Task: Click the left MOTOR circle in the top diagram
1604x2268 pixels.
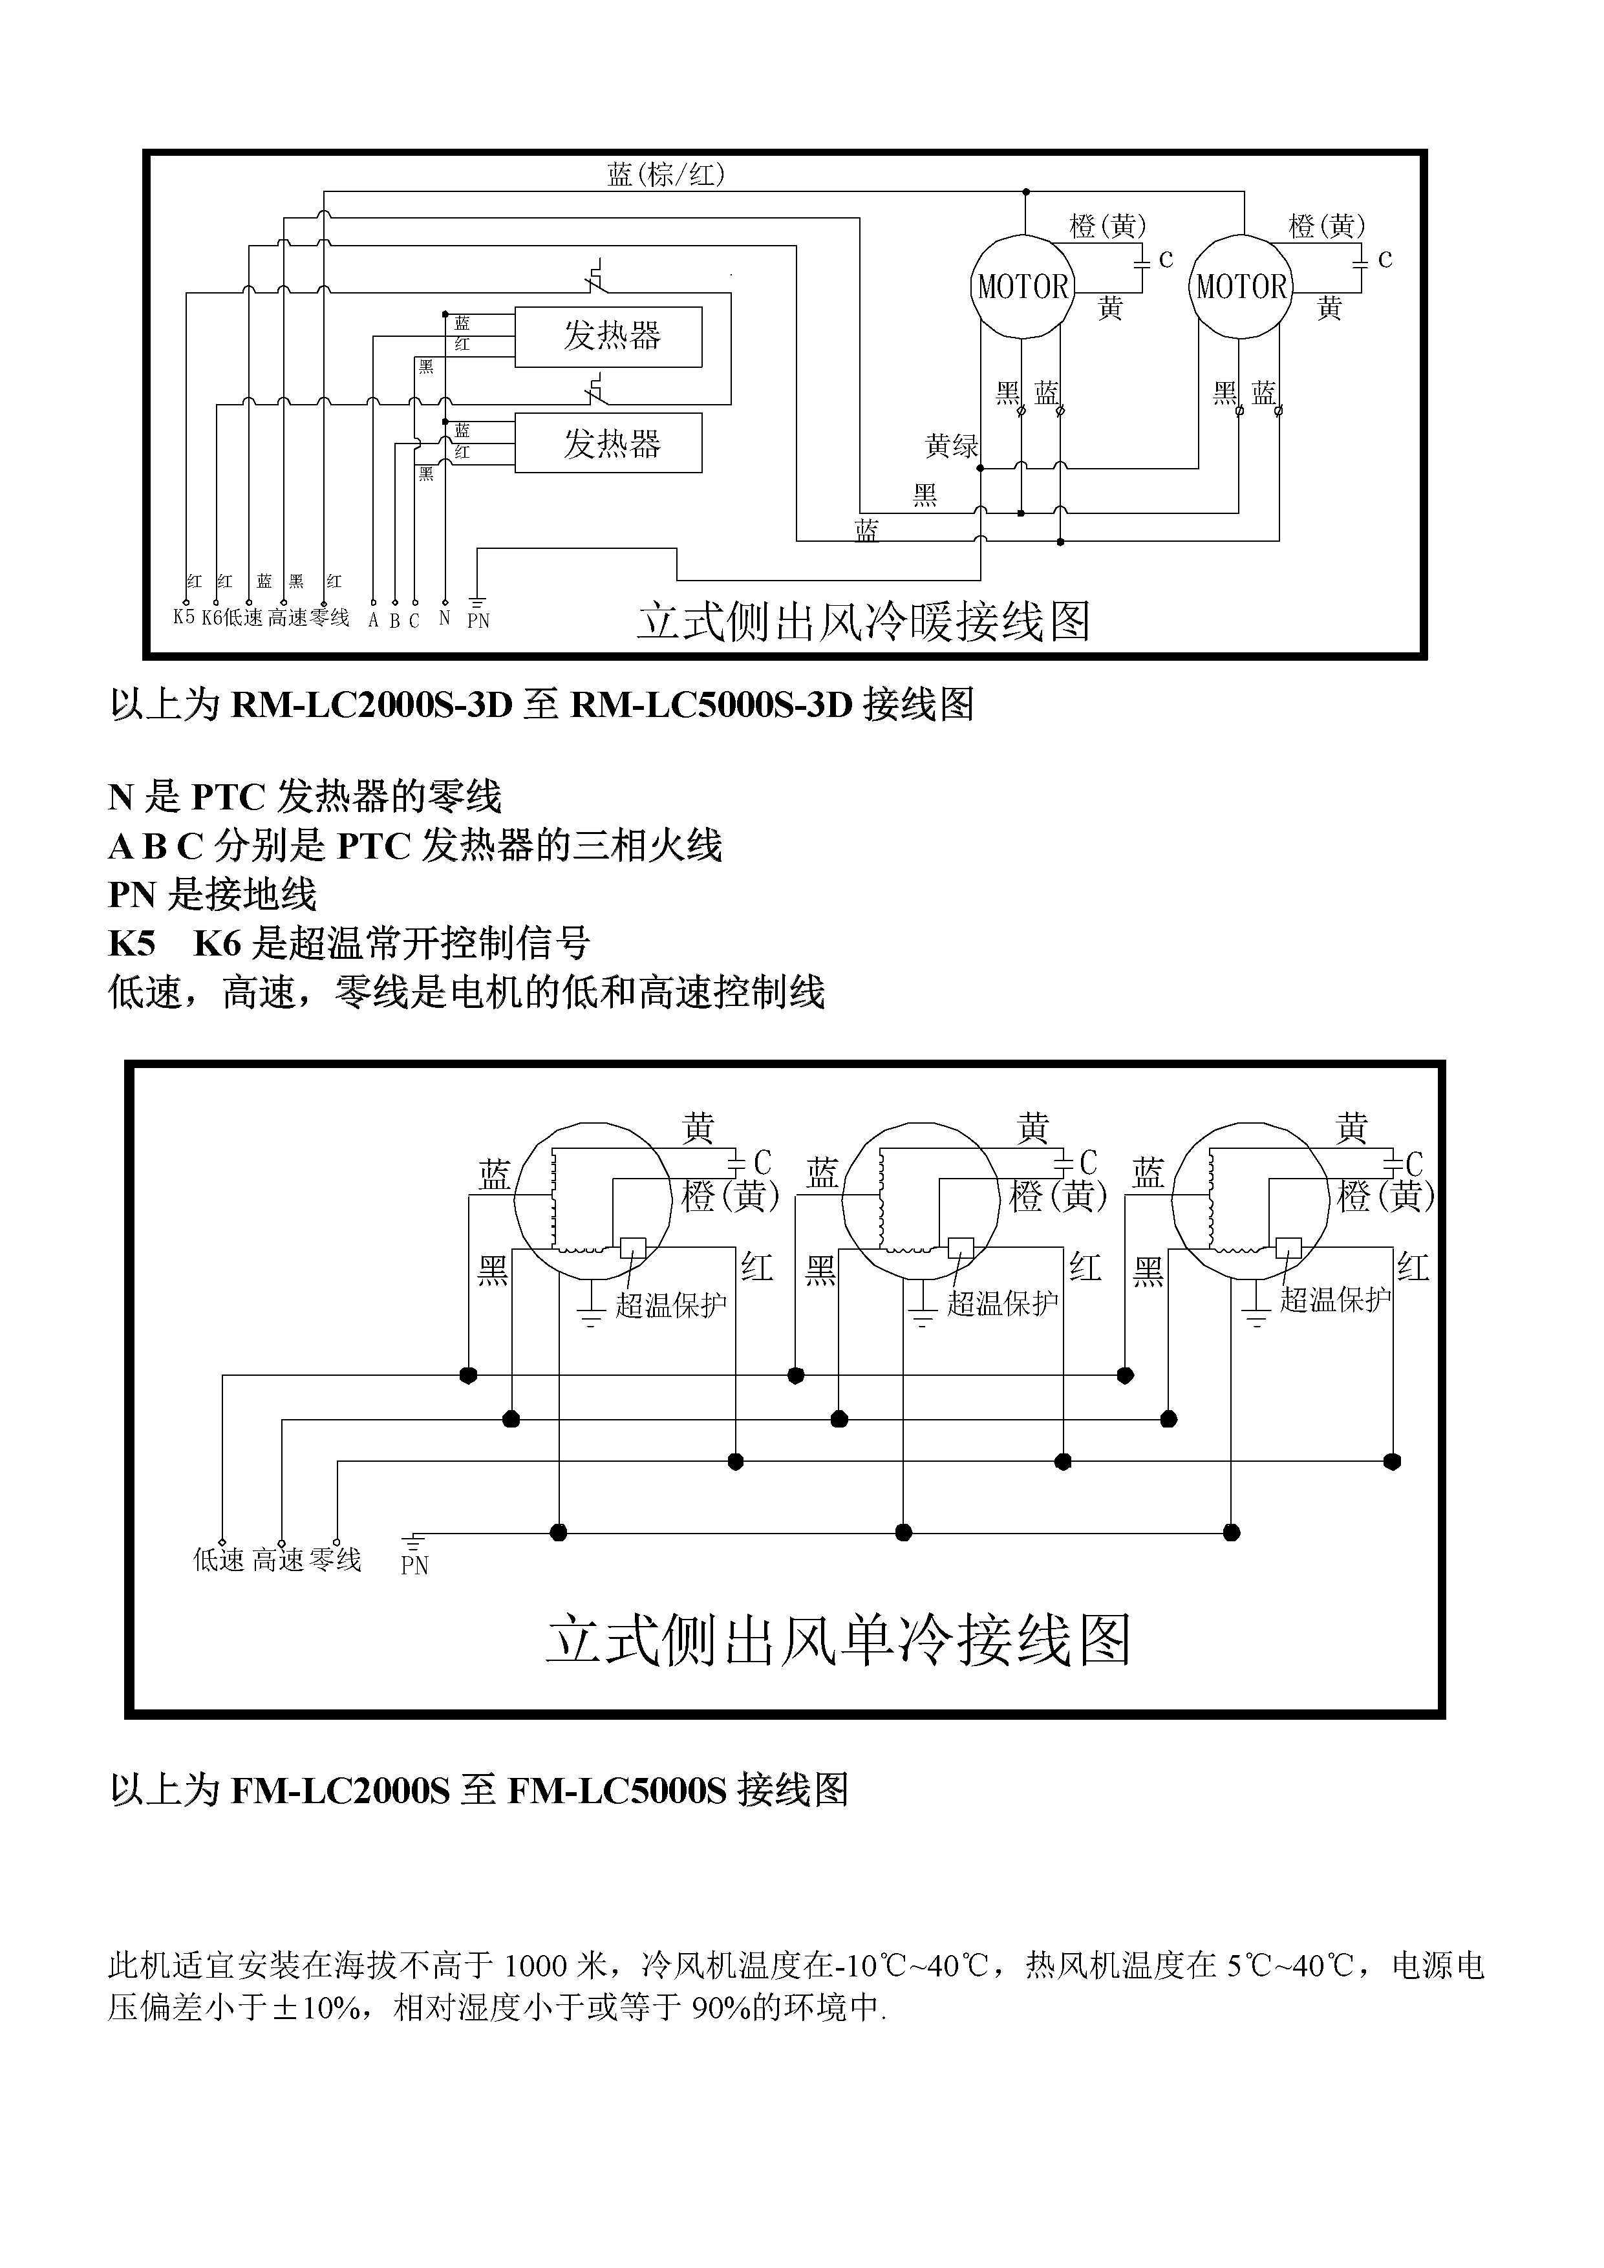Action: [1023, 286]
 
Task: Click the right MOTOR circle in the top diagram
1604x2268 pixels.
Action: [1241, 286]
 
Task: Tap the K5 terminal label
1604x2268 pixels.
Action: [184, 617]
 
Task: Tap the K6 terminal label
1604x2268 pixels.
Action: [211, 617]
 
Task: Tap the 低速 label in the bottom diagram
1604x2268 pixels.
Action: [219, 1561]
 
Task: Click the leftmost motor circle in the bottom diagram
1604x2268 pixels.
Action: [593, 1200]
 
